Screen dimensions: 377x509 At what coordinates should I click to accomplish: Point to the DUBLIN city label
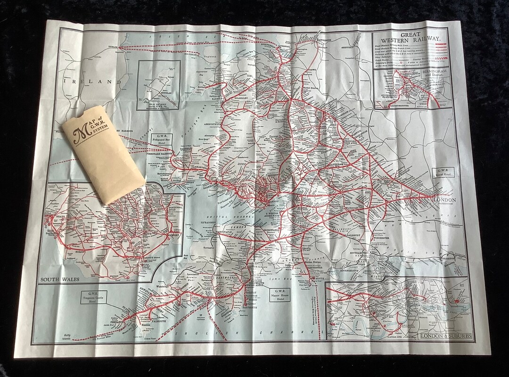(x=126, y=47)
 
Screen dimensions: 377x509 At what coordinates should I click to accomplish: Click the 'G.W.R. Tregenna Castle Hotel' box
(x=93, y=297)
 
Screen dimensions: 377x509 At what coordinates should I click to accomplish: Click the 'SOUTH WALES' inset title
(x=60, y=279)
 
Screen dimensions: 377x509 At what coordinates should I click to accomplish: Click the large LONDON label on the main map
(x=444, y=200)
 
